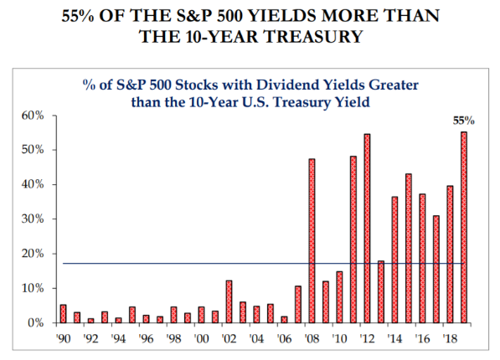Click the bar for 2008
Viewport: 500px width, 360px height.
point(312,241)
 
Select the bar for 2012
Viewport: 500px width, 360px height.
point(367,229)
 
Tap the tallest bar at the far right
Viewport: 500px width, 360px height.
point(464,228)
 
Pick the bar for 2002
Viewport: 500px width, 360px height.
point(229,301)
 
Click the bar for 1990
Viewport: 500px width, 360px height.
point(63,314)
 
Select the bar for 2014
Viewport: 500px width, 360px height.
point(394,260)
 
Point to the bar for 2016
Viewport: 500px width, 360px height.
point(422,259)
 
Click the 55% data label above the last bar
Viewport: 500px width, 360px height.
point(464,121)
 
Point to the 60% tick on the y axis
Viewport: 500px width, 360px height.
point(33,116)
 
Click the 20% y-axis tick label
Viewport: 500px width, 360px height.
point(33,254)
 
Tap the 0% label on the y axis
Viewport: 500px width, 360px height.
point(36,323)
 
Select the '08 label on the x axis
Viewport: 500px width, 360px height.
point(312,338)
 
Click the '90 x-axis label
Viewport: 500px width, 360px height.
point(63,338)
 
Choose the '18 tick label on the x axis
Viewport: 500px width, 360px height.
point(450,338)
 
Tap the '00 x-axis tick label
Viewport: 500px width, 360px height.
point(201,338)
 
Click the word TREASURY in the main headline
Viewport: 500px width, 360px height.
point(313,36)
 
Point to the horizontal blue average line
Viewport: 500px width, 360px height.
point(263,264)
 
